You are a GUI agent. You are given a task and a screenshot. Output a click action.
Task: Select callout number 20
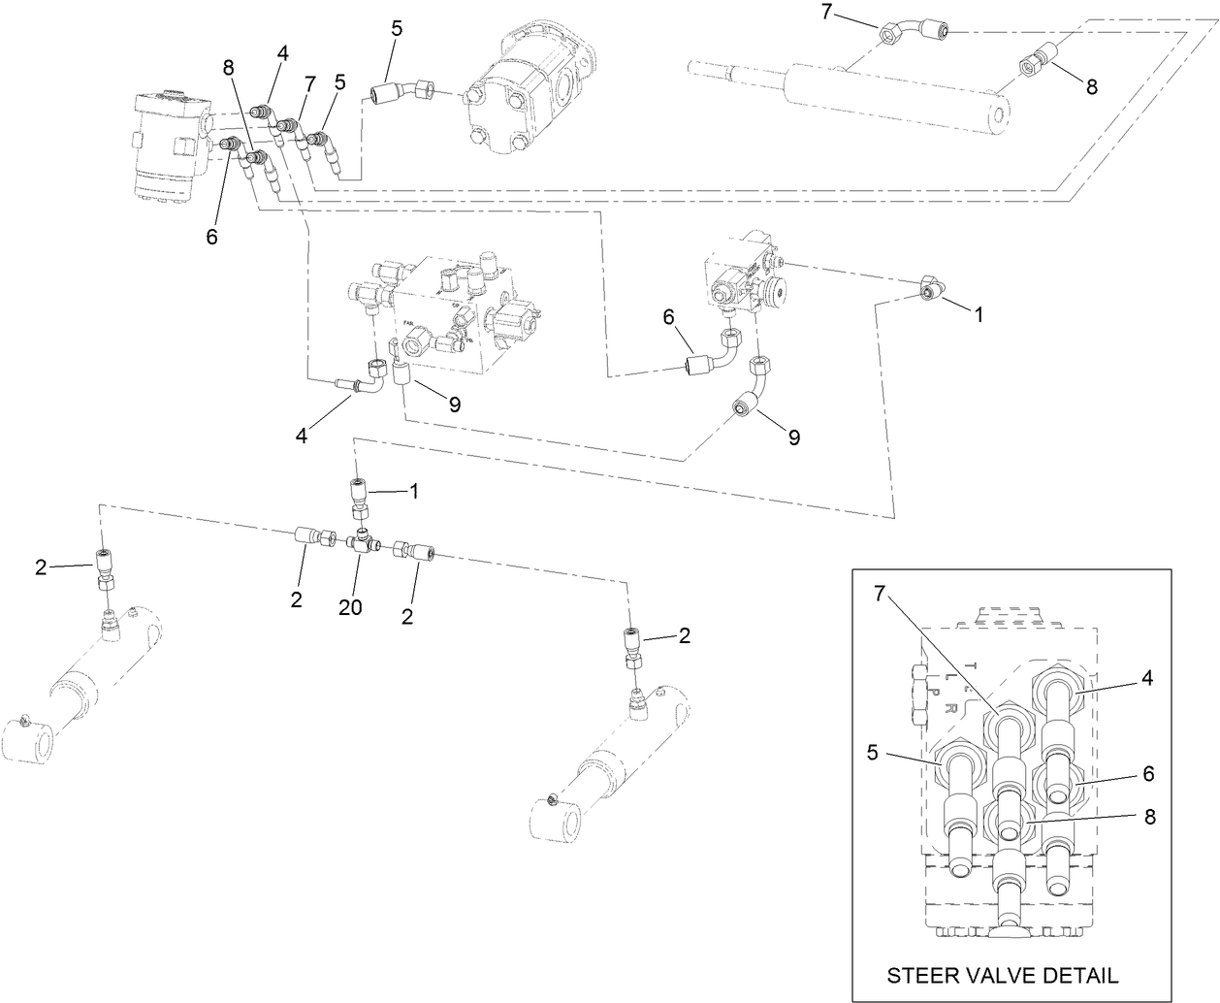[350, 607]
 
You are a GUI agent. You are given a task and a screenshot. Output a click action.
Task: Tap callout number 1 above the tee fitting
[414, 491]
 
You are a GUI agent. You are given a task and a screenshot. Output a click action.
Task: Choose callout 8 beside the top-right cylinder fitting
[1092, 86]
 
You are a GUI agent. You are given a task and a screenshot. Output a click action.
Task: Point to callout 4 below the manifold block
[303, 437]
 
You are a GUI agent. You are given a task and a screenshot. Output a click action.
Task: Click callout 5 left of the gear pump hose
[397, 28]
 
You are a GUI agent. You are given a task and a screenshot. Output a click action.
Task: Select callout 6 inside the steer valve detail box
[1149, 774]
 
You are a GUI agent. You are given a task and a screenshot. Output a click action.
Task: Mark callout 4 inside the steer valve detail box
[1146, 679]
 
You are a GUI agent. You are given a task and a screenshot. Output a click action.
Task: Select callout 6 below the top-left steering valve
[211, 236]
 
